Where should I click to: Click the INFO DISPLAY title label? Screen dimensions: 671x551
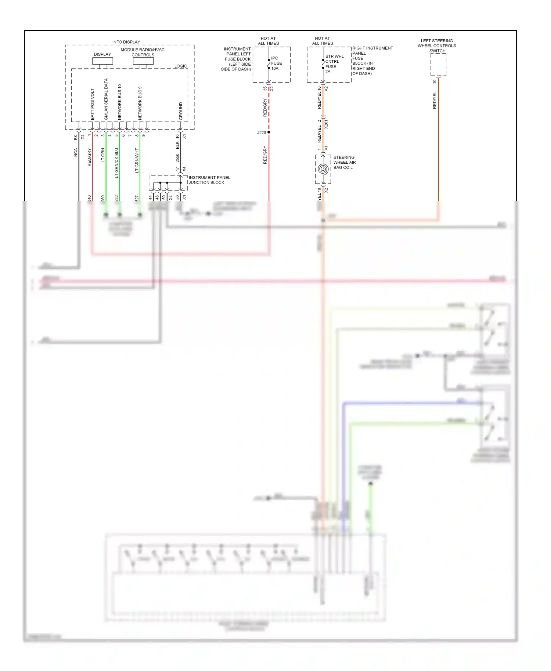click(x=126, y=42)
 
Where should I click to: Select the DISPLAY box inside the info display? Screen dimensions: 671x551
click(x=102, y=61)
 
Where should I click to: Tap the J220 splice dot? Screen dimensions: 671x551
click(x=269, y=132)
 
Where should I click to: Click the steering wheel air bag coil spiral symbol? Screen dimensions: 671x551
click(x=323, y=169)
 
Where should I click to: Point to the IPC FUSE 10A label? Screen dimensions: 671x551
click(x=276, y=63)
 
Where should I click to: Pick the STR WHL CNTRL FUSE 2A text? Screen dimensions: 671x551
click(x=334, y=64)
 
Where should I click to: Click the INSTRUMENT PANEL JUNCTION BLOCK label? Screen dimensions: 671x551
click(x=209, y=180)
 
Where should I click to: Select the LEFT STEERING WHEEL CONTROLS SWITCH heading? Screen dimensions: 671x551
click(x=437, y=46)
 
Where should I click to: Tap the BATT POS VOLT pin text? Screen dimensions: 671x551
click(x=93, y=104)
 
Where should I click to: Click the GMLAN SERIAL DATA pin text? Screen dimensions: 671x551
click(x=106, y=99)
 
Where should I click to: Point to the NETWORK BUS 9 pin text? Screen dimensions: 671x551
click(x=140, y=103)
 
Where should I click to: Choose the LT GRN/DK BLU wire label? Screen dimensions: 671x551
click(x=116, y=163)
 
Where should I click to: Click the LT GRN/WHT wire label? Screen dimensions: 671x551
click(x=137, y=160)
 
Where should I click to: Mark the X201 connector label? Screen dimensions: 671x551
click(x=326, y=124)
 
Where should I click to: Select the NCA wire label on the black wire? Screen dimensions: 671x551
click(x=76, y=152)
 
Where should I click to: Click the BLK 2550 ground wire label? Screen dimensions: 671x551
click(x=177, y=152)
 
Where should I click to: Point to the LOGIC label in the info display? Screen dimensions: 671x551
click(x=180, y=66)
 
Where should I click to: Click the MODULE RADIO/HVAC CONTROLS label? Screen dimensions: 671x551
click(x=143, y=52)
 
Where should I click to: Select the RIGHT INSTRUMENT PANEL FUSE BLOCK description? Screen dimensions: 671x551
click(x=372, y=61)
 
